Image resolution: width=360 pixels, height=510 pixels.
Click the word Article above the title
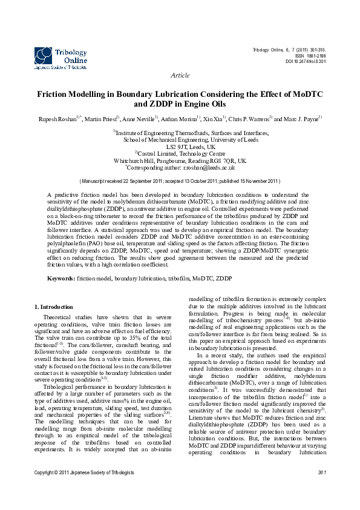[180, 75]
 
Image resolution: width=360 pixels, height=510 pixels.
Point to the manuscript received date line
[180, 180]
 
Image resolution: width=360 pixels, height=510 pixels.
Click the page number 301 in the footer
[321, 489]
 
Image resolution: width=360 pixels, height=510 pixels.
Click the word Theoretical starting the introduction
[59, 317]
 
